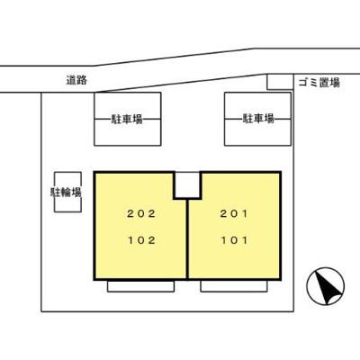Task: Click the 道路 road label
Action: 76,80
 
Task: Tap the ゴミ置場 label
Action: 319,83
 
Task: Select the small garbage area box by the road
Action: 280,82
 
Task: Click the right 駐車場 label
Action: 258,119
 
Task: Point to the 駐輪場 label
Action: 66,192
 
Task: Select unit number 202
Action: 141,213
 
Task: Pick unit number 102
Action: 141,240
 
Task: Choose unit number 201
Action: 234,213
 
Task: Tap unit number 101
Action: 234,240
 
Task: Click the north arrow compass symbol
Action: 326,286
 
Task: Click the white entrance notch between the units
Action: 187,184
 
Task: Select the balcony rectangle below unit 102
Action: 141,286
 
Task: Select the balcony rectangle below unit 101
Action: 234,286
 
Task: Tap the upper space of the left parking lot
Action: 128,105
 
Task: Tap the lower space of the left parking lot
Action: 128,132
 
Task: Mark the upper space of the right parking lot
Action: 257,105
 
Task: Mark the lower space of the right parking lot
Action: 257,132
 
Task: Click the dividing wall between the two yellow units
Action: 187,239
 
